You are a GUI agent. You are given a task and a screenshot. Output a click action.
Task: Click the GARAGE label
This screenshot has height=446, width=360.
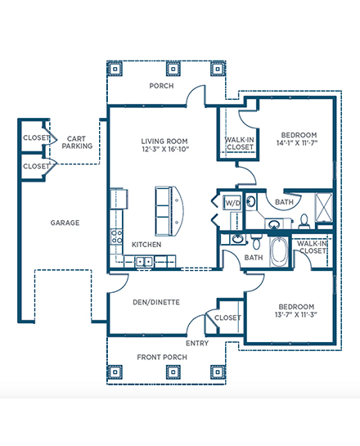pos(65,223)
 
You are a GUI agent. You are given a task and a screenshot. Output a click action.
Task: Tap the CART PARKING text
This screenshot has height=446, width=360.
pos(77,142)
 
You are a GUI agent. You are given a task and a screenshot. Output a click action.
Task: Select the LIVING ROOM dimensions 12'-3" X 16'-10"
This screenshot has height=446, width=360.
pos(165,149)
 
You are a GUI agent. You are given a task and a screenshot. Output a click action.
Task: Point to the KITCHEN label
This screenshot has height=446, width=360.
pos(146,245)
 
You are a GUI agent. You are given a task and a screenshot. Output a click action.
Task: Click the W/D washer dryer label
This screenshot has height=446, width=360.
pos(232,203)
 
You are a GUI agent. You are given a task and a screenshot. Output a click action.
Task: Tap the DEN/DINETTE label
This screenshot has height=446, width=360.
pos(156,302)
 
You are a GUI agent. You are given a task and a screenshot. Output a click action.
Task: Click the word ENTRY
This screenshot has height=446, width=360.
pos(197,344)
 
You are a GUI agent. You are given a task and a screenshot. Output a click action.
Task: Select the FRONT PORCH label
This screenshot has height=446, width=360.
pos(162,357)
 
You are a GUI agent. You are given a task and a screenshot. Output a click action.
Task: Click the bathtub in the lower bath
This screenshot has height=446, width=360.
pos(278,252)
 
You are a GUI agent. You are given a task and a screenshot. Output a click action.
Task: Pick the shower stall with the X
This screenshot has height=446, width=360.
pos(324,207)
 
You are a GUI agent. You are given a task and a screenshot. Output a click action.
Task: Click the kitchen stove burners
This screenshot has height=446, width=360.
pos(116,237)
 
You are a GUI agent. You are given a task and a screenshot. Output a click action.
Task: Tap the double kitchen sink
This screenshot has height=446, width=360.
pos(144,261)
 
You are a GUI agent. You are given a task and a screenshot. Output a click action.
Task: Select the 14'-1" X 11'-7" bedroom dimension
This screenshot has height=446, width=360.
pos(296,142)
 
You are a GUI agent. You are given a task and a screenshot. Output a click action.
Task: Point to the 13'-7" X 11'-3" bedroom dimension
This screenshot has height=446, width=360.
pos(296,314)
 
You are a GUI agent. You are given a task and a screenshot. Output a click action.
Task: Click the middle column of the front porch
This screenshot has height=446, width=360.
pos(173,372)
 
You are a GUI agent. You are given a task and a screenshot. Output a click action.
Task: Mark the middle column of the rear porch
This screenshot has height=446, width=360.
pos(173,69)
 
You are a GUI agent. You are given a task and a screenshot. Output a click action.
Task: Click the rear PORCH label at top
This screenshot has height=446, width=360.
pos(161,86)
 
